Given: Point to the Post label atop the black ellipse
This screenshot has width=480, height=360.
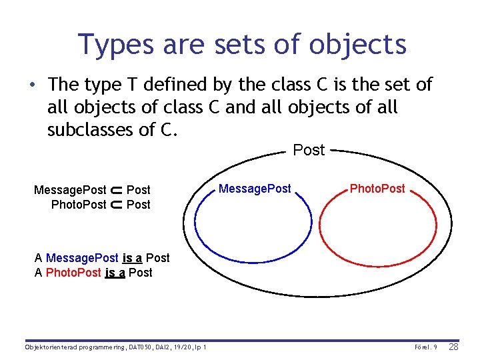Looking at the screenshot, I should click(x=309, y=150).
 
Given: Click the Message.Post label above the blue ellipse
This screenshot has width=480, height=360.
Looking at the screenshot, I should click(x=255, y=189).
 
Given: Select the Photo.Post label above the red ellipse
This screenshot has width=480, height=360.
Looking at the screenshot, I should click(x=377, y=189).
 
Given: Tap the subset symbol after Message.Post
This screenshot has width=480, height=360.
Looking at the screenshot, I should click(x=116, y=190).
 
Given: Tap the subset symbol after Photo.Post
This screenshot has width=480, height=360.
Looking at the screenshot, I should click(x=116, y=205).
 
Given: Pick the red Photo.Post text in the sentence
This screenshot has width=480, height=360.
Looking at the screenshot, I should click(x=73, y=273).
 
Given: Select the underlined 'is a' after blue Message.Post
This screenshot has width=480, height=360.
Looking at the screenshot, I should click(x=133, y=258).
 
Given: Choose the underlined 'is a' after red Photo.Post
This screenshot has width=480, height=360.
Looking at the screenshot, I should click(x=115, y=273).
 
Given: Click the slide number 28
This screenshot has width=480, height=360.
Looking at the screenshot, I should click(x=453, y=347).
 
